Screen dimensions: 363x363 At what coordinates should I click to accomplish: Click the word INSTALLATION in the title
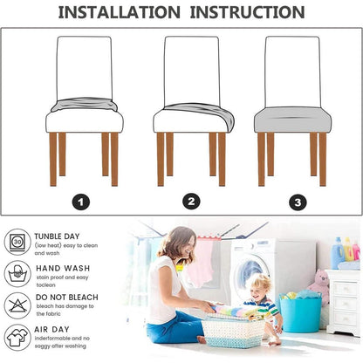pos(120,12)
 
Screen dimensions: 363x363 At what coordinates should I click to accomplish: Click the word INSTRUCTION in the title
pos(247,12)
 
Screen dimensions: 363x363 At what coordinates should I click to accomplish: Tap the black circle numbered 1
pos(81,202)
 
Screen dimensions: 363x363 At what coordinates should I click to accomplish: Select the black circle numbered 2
pos(191,202)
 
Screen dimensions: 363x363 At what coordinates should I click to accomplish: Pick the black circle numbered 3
pos(298,202)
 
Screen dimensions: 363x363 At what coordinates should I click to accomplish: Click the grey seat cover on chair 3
pos(293,120)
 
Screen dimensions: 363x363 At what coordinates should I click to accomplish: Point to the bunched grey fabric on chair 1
pos(85,105)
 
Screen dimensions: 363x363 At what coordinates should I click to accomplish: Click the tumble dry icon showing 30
pos(17,242)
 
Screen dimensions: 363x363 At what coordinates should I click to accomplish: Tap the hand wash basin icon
pos(17,274)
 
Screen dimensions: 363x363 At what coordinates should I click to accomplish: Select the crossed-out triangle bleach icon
pos(17,305)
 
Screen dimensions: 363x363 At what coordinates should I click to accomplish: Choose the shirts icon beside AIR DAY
pos(17,338)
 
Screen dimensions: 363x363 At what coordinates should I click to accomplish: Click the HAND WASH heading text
pos(63,268)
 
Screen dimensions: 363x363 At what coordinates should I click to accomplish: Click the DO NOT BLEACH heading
pos(67,298)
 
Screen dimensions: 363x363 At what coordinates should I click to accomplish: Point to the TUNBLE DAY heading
pos(57,236)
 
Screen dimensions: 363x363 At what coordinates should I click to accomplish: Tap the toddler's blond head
pos(261,285)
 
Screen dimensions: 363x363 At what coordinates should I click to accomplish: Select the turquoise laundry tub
pos(300,313)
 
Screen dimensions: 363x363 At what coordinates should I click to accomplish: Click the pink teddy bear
pos(320,286)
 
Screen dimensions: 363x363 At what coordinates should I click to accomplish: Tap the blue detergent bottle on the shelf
pos(337,253)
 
